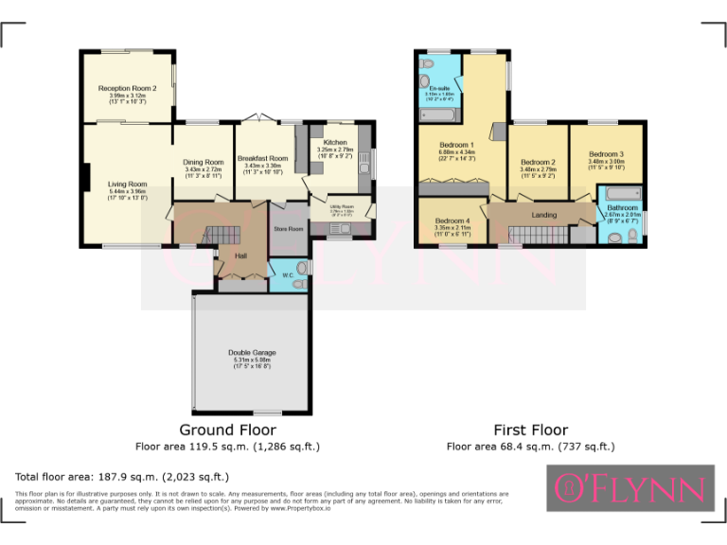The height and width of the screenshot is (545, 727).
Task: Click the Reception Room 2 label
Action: pos(127,88)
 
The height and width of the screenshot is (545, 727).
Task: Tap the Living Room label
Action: pos(127,185)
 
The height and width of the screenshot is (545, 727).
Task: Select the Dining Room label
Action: pos(203,162)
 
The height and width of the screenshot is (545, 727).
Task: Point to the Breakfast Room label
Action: pos(262,158)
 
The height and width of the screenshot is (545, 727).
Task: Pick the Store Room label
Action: pos(289,229)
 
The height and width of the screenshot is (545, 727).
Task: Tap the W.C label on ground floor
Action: pos(287,275)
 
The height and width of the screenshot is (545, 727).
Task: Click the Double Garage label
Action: pos(251,353)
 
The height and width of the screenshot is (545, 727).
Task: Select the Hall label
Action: pos(227,255)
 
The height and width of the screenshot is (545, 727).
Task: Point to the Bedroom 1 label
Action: pos(456,144)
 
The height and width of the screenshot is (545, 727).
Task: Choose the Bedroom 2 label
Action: pos(537,162)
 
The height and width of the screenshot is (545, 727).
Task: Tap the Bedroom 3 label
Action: pos(606,154)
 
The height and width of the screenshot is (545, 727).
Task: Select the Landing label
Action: pos(543,215)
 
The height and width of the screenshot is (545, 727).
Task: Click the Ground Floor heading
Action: pos(228,430)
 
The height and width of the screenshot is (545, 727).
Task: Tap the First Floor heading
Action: pos(530,430)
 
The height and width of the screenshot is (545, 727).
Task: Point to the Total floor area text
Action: pos(122,477)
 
